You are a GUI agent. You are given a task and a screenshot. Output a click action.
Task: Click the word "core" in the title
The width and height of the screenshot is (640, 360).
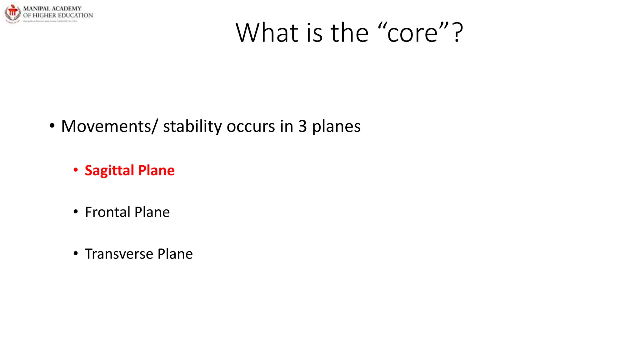pos(412,33)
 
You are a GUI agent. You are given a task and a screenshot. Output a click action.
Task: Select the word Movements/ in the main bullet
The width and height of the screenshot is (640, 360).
pos(108,126)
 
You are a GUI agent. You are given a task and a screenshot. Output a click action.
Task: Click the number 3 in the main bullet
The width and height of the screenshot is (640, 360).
pos(302,126)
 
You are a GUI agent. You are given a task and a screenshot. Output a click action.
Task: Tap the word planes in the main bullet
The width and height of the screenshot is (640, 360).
pos(336,127)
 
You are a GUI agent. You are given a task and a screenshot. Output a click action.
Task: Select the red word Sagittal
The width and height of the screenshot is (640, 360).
pos(109,171)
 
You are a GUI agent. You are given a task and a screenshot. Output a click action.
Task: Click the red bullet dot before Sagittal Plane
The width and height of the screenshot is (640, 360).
pos(76,170)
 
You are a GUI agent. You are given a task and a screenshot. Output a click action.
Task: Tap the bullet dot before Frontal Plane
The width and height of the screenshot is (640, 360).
pos(76,212)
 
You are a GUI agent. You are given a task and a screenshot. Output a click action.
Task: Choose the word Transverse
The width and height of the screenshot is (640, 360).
pos(119,254)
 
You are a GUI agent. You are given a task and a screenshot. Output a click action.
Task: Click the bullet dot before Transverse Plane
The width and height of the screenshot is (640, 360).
pos(76,253)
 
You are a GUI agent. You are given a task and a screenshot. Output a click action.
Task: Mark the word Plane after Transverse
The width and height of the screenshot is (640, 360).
pos(175,254)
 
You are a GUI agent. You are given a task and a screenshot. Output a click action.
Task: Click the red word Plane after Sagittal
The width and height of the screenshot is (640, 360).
pos(156,171)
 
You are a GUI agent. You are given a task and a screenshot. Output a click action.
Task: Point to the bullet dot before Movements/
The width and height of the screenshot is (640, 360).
pos(52,126)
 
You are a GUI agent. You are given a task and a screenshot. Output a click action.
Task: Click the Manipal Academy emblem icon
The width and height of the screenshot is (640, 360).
pos(12,14)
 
